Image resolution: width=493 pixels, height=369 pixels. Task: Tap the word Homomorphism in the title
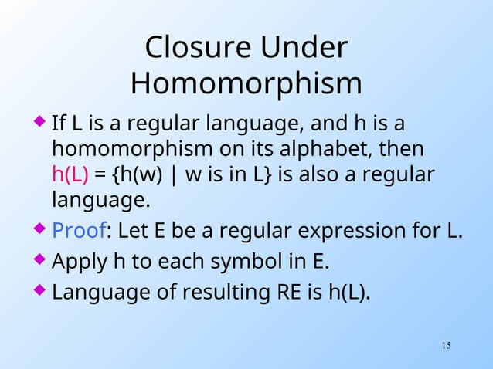pyautogui.click(x=246, y=83)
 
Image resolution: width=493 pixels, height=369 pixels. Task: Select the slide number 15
pyautogui.click(x=446, y=344)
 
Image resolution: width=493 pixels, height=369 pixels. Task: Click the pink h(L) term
pyautogui.click(x=70, y=174)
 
